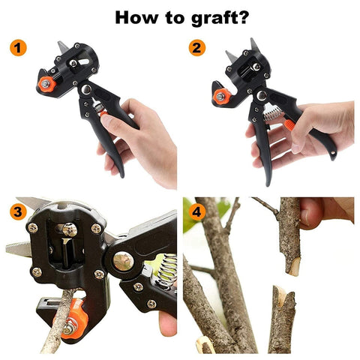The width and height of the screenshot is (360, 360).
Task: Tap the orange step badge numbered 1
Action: coord(17,48)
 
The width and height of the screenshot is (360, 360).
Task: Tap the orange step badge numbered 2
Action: coord(196,48)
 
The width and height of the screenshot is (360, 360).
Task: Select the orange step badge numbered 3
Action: coord(17,211)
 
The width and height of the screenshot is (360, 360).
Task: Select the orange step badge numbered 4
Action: coord(196,211)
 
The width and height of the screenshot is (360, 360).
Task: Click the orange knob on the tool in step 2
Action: coord(220,95)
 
